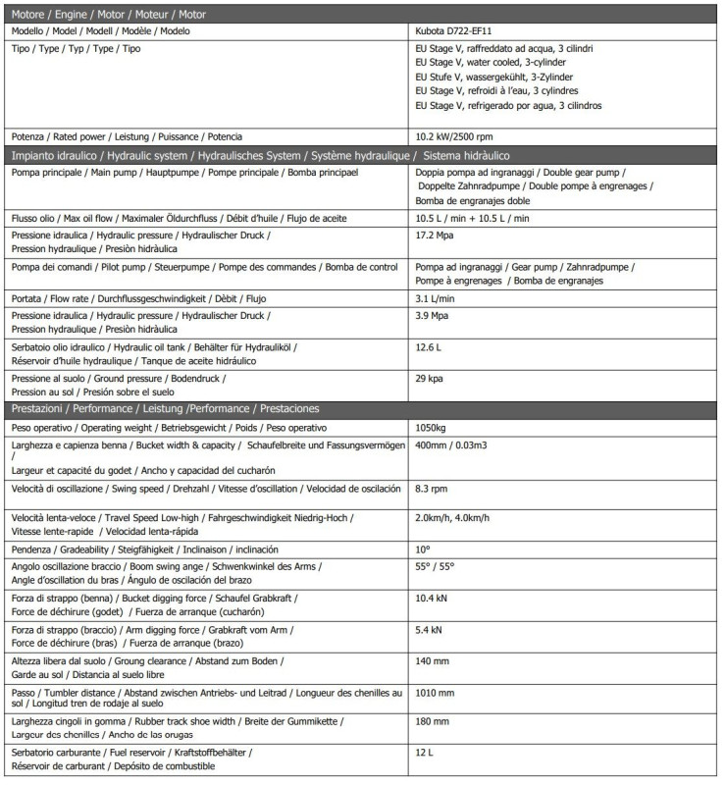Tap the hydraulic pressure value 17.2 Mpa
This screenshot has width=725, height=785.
(x=433, y=236)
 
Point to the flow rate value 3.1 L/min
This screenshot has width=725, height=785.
(x=436, y=298)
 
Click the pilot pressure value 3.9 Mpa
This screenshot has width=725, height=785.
(x=432, y=316)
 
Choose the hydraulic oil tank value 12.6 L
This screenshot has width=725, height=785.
(x=429, y=347)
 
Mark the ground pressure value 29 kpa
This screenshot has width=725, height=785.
(x=430, y=378)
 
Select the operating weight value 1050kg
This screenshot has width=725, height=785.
(x=433, y=428)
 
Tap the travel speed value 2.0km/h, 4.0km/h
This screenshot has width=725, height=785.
(x=452, y=517)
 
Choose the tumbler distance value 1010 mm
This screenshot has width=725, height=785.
(x=437, y=692)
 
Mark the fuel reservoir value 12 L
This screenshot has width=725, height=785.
(x=424, y=753)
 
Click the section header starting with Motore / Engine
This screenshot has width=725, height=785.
(x=108, y=13)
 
